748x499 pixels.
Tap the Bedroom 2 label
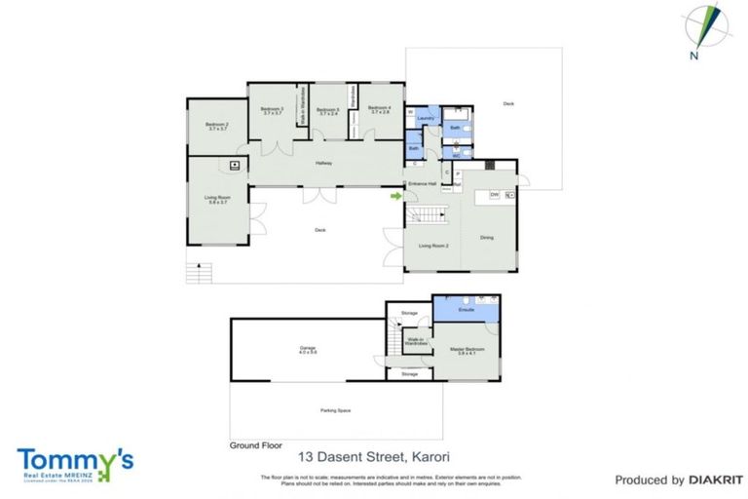216,126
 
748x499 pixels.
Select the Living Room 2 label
433,246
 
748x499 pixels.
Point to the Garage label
308,349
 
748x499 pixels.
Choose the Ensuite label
467,309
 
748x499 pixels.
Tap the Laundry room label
425,118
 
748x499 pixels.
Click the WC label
455,155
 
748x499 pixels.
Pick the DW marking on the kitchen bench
495,195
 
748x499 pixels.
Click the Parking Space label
334,410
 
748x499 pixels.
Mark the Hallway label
323,163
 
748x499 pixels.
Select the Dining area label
487,238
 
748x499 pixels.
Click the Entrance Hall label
421,183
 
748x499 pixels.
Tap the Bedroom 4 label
380,108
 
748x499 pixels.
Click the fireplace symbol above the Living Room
235,166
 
